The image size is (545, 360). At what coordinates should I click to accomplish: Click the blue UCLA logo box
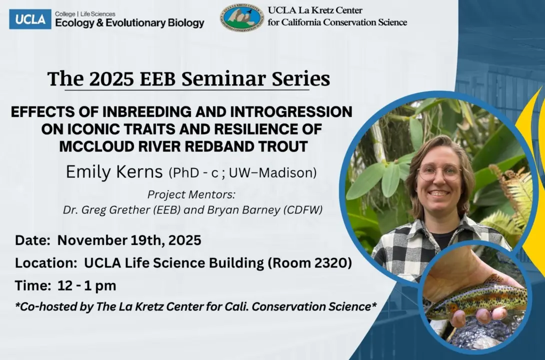coord(30,19)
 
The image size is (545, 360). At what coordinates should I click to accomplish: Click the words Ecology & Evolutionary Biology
coord(129,23)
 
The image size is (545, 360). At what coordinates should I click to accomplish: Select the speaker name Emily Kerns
coord(114,172)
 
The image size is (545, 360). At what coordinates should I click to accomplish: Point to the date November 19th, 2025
coord(129,240)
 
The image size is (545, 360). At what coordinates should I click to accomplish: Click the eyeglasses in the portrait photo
coord(439,172)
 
